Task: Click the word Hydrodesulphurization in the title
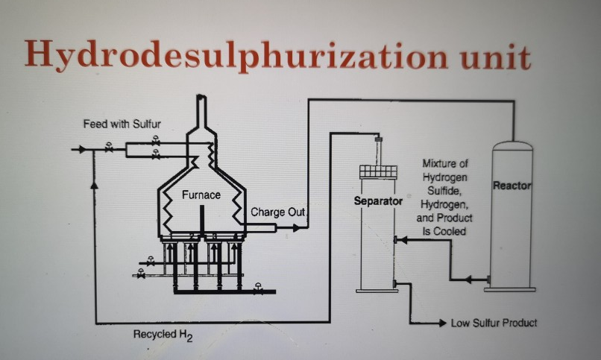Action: click(x=223, y=54)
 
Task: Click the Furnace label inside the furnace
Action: click(x=201, y=195)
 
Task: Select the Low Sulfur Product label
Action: click(x=494, y=323)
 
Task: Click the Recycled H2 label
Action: click(x=163, y=335)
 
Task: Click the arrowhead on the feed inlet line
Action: click(x=80, y=150)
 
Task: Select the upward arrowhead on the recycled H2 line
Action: click(x=95, y=182)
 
